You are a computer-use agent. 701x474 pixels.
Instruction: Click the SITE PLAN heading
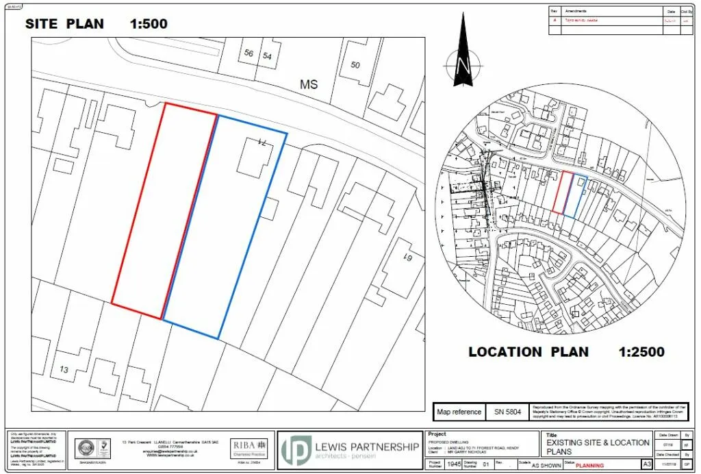[x=64, y=24]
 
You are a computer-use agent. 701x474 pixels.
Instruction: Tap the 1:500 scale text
[x=149, y=24]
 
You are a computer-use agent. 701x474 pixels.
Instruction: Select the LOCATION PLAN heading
[x=528, y=352]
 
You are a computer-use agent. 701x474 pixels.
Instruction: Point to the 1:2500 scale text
[x=641, y=352]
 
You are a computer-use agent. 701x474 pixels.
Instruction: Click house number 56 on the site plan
[x=248, y=54]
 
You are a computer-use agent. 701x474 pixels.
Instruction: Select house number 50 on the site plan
[x=355, y=65]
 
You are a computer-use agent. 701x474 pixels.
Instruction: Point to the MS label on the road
[x=309, y=84]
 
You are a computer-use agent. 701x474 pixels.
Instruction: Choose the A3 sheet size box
[x=646, y=464]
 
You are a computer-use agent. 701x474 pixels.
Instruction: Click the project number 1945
[x=453, y=464]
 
